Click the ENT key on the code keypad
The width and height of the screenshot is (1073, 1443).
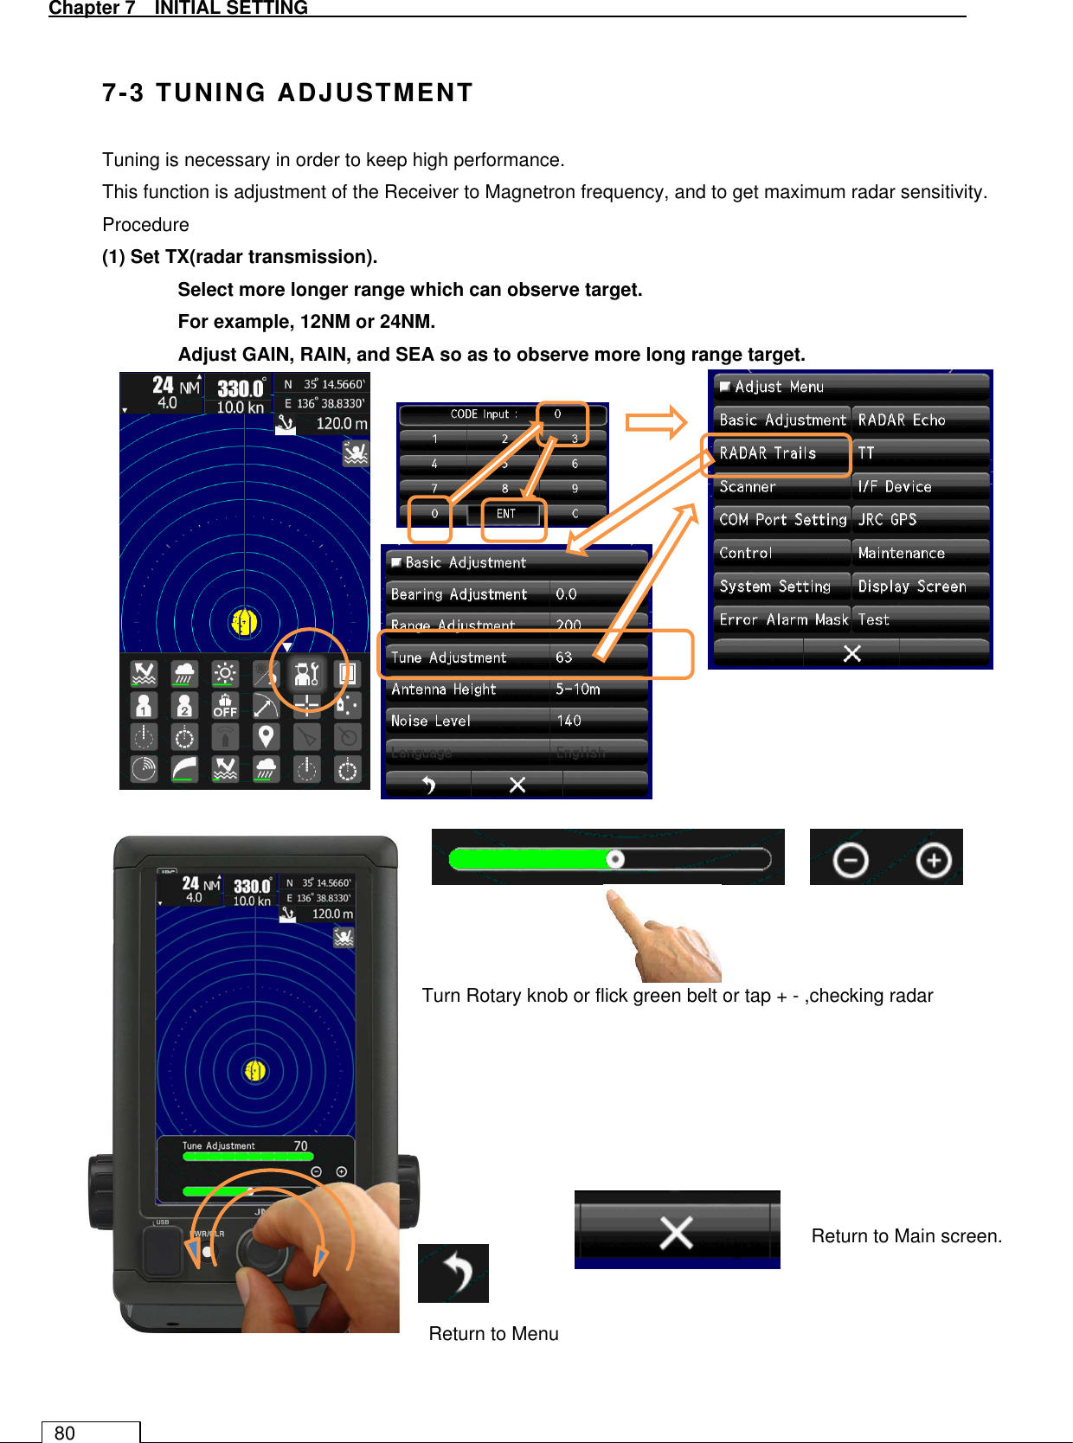pyautogui.click(x=507, y=514)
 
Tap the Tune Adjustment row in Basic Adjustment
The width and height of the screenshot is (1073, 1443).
pyautogui.click(x=516, y=657)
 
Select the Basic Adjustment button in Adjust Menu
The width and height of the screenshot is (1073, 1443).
pyautogui.click(x=782, y=420)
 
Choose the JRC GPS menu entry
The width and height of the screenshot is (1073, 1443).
pyautogui.click(x=919, y=520)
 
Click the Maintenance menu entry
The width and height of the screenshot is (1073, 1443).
pyautogui.click(x=919, y=553)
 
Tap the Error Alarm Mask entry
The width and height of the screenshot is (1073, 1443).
pyautogui.click(x=782, y=619)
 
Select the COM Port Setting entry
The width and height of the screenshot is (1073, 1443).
pyautogui.click(x=782, y=520)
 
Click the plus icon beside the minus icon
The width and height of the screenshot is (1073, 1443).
pyautogui.click(x=933, y=860)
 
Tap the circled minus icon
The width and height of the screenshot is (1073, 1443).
pyautogui.click(x=851, y=860)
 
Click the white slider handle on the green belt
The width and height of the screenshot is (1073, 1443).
pyautogui.click(x=615, y=859)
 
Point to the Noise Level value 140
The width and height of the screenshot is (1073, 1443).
pyautogui.click(x=569, y=721)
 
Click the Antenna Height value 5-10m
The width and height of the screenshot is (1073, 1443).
pyautogui.click(x=578, y=689)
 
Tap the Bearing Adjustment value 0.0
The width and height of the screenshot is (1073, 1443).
pyautogui.click(x=566, y=594)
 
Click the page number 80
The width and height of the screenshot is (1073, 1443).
pyautogui.click(x=65, y=1433)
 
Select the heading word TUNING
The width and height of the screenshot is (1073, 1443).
pyautogui.click(x=211, y=93)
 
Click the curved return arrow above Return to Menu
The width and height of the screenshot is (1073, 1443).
pyautogui.click(x=454, y=1273)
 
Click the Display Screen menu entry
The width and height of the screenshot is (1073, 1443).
pyautogui.click(x=919, y=587)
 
